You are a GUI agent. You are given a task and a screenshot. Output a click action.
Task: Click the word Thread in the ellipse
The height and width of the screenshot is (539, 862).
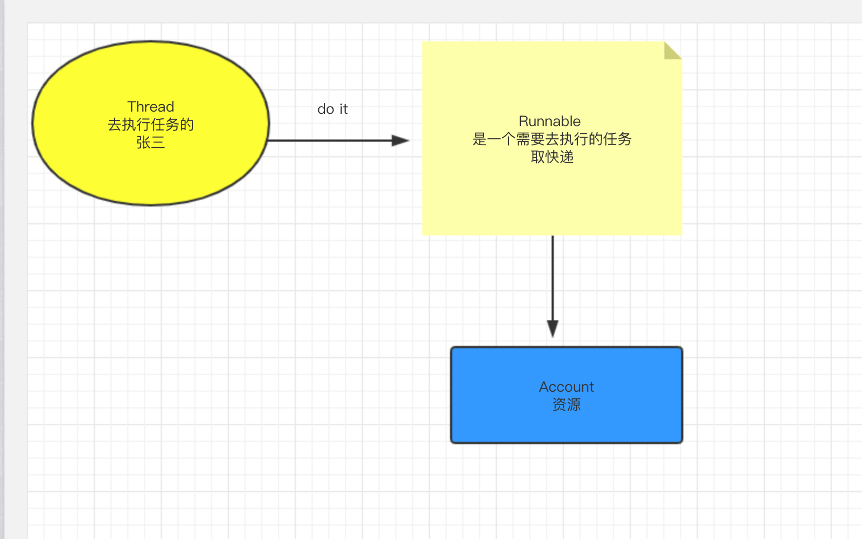(x=151, y=107)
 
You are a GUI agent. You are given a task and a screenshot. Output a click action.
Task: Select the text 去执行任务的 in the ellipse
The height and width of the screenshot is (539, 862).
(x=151, y=124)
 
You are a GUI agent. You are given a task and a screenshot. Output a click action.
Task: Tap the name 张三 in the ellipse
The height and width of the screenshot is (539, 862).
(x=151, y=142)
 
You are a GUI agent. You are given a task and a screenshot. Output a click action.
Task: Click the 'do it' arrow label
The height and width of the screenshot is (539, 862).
(x=333, y=109)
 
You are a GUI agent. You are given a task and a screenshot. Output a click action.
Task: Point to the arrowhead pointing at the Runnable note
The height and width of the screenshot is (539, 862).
(x=401, y=141)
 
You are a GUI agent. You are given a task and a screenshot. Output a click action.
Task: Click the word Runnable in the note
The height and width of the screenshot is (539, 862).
(x=549, y=121)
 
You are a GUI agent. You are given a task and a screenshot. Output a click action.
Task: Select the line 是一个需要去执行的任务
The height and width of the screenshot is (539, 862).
(x=552, y=139)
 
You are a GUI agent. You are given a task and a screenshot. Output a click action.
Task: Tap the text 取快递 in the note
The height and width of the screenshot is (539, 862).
(x=552, y=157)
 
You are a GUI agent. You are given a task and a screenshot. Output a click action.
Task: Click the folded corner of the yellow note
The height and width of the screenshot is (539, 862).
(x=673, y=50)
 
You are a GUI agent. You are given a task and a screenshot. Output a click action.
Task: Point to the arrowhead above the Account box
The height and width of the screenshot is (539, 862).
(x=553, y=329)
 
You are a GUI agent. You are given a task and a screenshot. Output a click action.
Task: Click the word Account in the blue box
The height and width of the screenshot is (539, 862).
(x=567, y=387)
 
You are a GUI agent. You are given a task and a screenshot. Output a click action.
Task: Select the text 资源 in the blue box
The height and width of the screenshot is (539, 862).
(x=567, y=405)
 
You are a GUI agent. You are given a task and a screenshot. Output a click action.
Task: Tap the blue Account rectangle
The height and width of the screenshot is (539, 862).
(x=567, y=395)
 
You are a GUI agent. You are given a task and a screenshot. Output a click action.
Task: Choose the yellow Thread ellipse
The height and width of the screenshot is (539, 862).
(x=151, y=123)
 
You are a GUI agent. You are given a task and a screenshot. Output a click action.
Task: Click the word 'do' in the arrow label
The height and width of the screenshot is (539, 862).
(x=325, y=109)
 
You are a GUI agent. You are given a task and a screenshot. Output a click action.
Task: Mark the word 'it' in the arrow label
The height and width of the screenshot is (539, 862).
(x=344, y=109)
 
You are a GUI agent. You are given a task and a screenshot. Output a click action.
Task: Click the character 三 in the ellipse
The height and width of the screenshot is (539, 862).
(x=158, y=142)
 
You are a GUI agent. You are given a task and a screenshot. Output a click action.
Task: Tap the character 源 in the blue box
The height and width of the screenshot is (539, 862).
(x=574, y=405)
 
